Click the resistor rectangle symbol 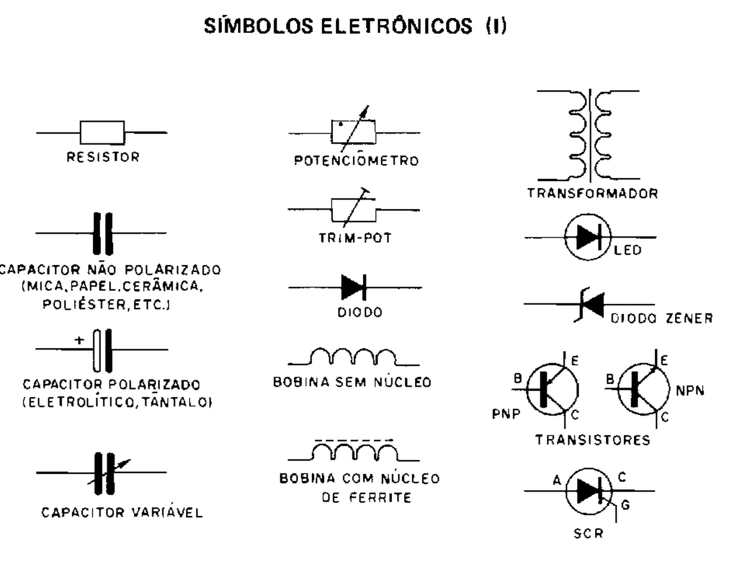[102, 132]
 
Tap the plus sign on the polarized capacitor [80, 340]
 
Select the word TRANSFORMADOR [592, 193]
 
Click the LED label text [628, 251]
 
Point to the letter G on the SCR [625, 505]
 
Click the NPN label [690, 391]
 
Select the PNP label [506, 414]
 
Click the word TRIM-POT [355, 238]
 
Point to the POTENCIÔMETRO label [356, 161]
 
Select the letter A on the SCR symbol [557, 480]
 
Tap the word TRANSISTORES [592, 440]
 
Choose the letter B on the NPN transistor [610, 379]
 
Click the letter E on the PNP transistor [575, 361]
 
